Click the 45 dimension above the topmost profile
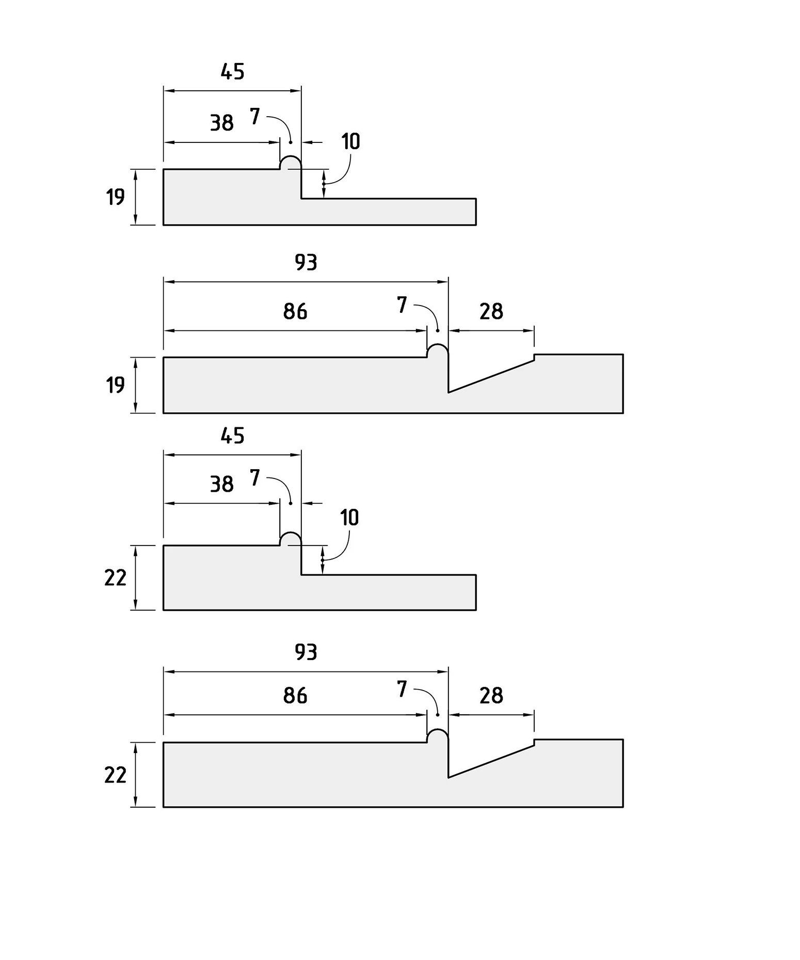(x=232, y=72)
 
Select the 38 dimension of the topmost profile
(x=221, y=123)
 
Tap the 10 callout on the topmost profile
(x=350, y=141)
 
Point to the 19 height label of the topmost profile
(x=116, y=197)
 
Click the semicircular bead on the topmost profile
(x=291, y=156)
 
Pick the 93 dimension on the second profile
(x=306, y=263)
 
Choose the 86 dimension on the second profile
(x=295, y=312)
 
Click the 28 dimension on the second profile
(x=491, y=312)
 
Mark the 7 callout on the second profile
(x=402, y=305)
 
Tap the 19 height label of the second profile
(x=116, y=386)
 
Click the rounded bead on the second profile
(x=438, y=345)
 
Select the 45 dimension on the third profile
(x=232, y=436)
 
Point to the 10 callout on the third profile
(x=349, y=518)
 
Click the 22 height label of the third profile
(x=116, y=578)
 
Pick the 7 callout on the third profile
(x=254, y=478)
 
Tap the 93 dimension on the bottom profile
(x=306, y=652)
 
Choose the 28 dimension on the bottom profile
(x=491, y=696)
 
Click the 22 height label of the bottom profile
(x=116, y=775)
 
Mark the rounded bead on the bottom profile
(x=438, y=730)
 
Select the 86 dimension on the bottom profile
(x=295, y=696)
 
